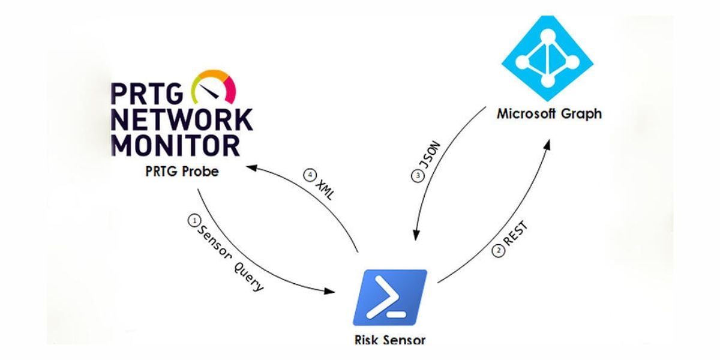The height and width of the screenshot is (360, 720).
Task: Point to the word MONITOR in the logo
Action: (x=175, y=145)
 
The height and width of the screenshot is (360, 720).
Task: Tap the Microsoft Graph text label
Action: (x=548, y=113)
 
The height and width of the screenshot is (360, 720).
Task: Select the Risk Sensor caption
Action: (x=389, y=340)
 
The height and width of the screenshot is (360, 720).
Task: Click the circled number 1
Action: (x=193, y=220)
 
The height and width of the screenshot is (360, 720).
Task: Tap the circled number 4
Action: (x=310, y=175)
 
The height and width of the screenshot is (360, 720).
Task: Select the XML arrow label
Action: (x=325, y=189)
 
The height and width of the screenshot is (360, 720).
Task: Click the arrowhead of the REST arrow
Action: (x=548, y=145)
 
